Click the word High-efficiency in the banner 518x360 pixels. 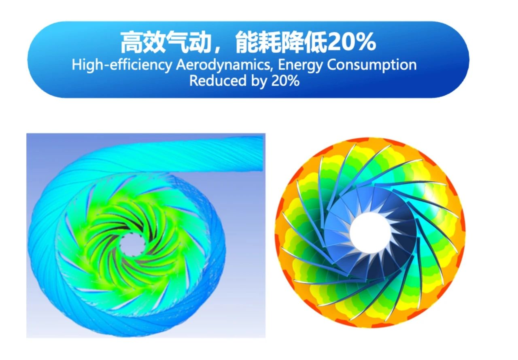(x=122, y=65)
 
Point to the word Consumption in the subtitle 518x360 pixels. (x=372, y=66)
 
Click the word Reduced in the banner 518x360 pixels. (x=218, y=81)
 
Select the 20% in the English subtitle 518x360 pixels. (x=286, y=81)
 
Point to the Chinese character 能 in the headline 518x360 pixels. (x=247, y=42)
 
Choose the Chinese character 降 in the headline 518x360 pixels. (x=293, y=42)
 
